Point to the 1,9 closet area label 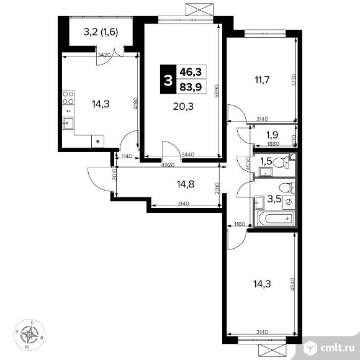tap(271, 135)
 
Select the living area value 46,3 tap(189, 72)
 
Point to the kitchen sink tap(69, 122)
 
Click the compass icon tap(29, 335)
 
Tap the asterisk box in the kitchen tap(98, 142)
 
